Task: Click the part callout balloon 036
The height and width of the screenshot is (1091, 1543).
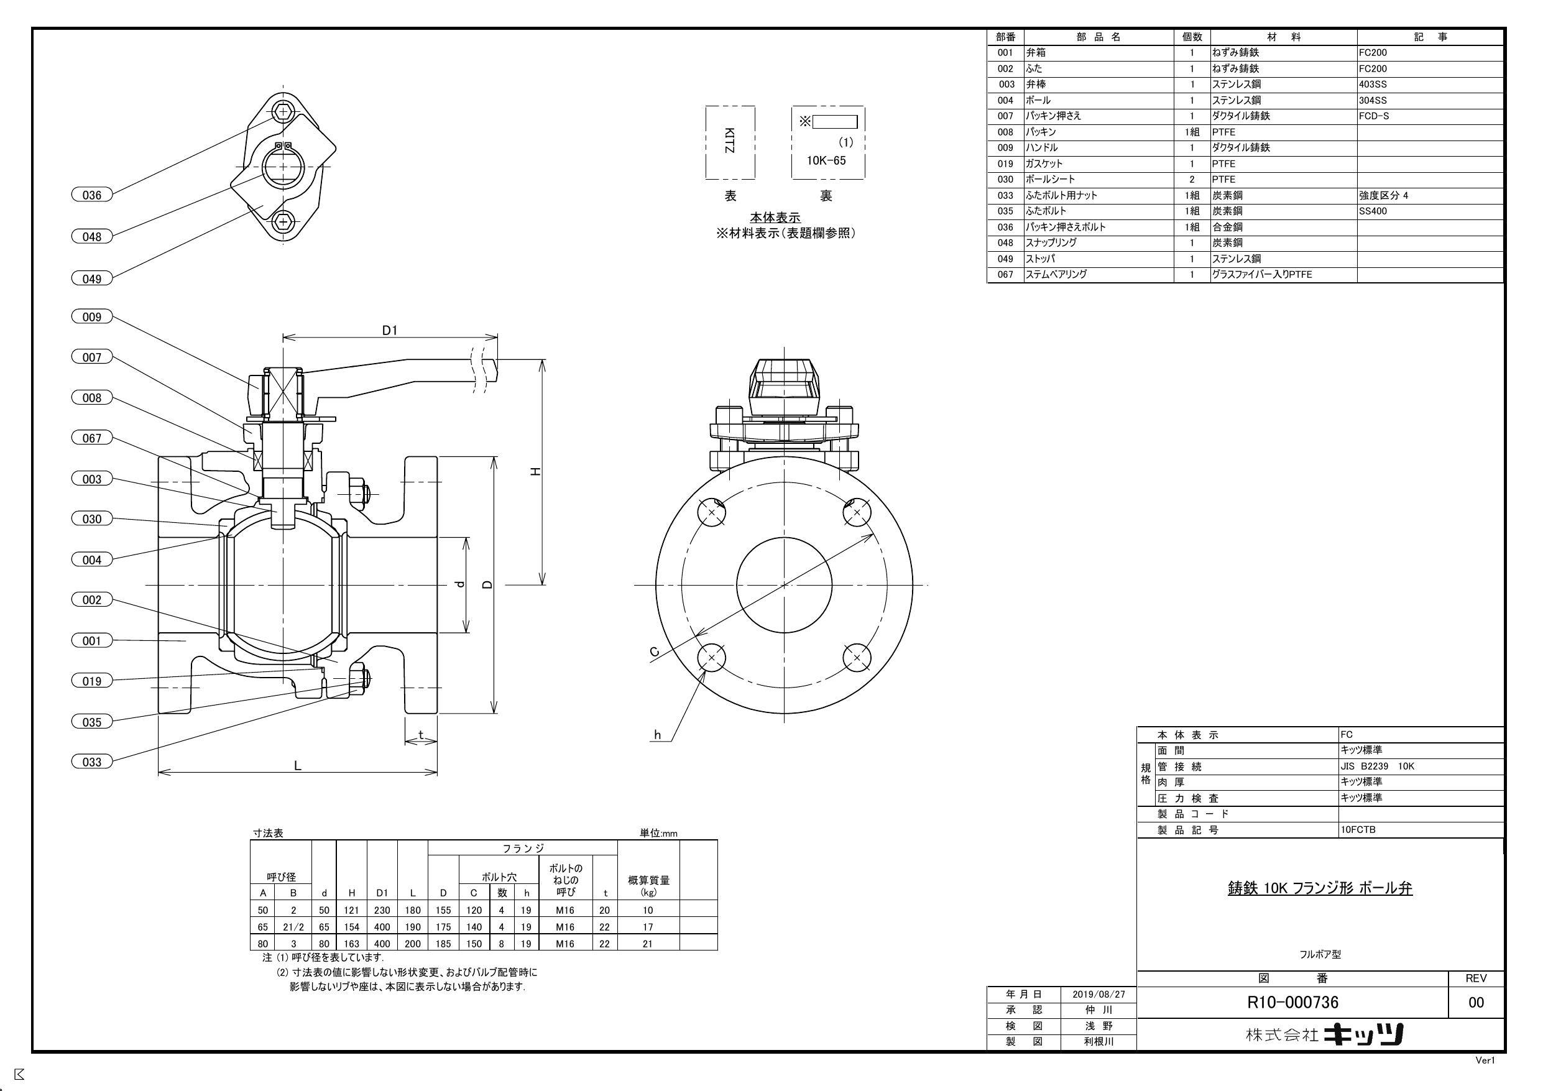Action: pyautogui.click(x=91, y=195)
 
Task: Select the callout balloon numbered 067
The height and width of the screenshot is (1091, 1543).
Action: pyautogui.click(x=91, y=438)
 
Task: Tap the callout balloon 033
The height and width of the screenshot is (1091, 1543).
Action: pyautogui.click(x=91, y=762)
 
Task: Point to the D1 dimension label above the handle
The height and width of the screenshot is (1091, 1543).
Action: pyautogui.click(x=390, y=330)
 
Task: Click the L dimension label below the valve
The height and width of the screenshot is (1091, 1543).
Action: pyautogui.click(x=298, y=766)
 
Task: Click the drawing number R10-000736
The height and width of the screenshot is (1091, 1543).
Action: pyautogui.click(x=1292, y=1002)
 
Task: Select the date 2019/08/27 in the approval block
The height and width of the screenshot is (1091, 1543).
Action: pyautogui.click(x=1098, y=994)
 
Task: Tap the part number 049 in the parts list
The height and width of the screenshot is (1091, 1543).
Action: pyautogui.click(x=1005, y=259)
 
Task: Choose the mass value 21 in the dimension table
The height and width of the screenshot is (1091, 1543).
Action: pyautogui.click(x=648, y=944)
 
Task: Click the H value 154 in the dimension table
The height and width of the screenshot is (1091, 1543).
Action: pyautogui.click(x=351, y=927)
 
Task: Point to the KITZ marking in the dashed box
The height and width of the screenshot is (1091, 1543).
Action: pyautogui.click(x=730, y=141)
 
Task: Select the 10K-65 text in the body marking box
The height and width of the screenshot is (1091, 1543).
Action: pyautogui.click(x=826, y=160)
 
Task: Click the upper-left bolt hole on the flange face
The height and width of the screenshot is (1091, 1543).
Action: pyautogui.click(x=712, y=513)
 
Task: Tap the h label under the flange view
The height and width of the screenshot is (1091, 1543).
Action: pyautogui.click(x=657, y=735)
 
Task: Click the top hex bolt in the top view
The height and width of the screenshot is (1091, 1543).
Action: pyautogui.click(x=283, y=111)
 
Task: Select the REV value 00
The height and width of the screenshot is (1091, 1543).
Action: pyautogui.click(x=1476, y=1003)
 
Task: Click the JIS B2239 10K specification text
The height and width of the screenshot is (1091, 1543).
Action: pyautogui.click(x=1377, y=766)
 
